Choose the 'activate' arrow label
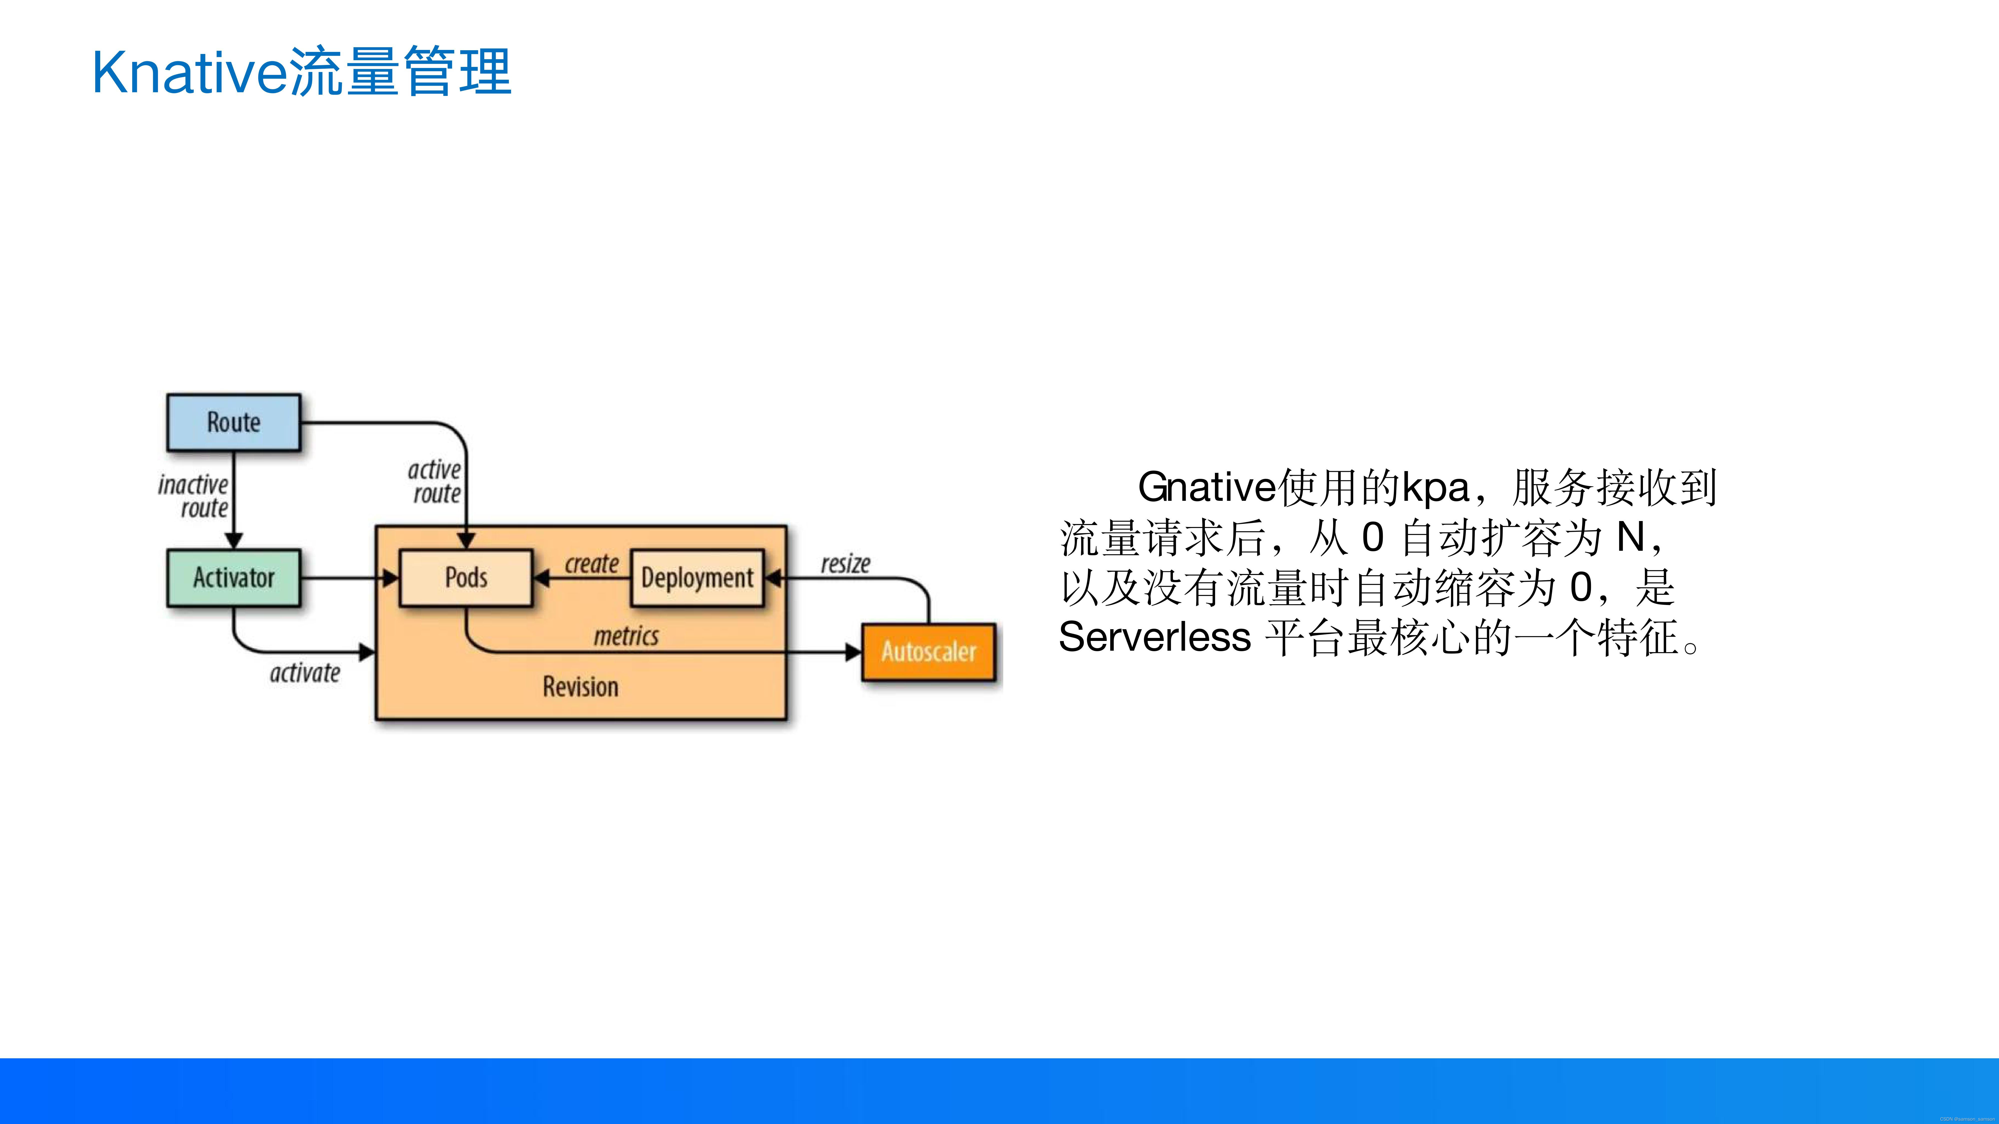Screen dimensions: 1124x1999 305,673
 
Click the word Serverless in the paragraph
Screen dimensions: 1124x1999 1155,638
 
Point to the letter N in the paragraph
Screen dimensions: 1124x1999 1630,537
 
